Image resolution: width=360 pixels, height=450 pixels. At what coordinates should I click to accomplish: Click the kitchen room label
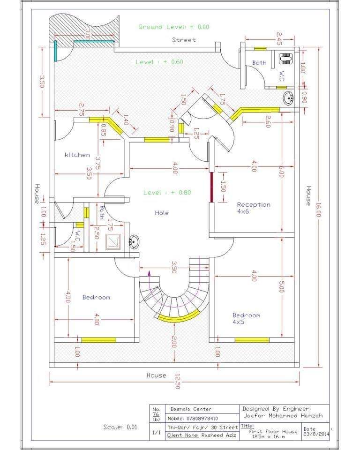pyautogui.click(x=77, y=155)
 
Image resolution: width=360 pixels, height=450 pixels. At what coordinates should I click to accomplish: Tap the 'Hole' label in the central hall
pyautogui.click(x=162, y=213)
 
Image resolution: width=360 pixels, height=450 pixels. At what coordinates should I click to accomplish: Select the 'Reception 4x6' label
pyautogui.click(x=254, y=208)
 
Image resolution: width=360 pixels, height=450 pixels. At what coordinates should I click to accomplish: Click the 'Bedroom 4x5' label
pyautogui.click(x=246, y=319)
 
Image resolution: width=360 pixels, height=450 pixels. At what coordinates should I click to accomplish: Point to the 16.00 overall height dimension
pyautogui.click(x=318, y=210)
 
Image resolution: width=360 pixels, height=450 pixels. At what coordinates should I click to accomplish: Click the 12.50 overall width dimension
pyautogui.click(x=177, y=382)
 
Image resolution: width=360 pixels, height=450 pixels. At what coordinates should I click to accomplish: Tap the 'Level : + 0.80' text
pyautogui.click(x=167, y=192)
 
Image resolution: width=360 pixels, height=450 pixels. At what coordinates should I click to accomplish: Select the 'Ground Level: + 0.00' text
pyautogui.click(x=174, y=27)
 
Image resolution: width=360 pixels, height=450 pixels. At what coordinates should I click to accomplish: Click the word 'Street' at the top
pyautogui.click(x=184, y=40)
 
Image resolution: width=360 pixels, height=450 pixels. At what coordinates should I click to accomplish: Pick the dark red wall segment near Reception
pyautogui.click(x=211, y=187)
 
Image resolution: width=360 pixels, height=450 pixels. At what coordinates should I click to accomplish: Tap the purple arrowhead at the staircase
pyautogui.click(x=149, y=273)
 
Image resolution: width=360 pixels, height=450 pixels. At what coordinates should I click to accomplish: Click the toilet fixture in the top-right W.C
pyautogui.click(x=285, y=58)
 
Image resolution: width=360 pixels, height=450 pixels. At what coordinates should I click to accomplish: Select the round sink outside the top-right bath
pyautogui.click(x=288, y=98)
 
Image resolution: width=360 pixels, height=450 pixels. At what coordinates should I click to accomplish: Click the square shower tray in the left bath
pyautogui.click(x=113, y=242)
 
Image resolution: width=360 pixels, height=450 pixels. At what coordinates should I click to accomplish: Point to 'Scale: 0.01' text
pyautogui.click(x=120, y=427)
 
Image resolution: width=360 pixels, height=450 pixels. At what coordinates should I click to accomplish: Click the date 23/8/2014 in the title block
pyautogui.click(x=316, y=434)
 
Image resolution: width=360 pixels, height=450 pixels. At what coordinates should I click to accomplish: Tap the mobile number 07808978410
pyautogui.click(x=202, y=419)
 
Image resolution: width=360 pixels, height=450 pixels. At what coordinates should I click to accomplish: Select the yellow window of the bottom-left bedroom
pyautogui.click(x=99, y=340)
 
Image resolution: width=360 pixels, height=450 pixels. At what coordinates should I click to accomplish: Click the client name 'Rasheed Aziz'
pyautogui.click(x=219, y=435)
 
